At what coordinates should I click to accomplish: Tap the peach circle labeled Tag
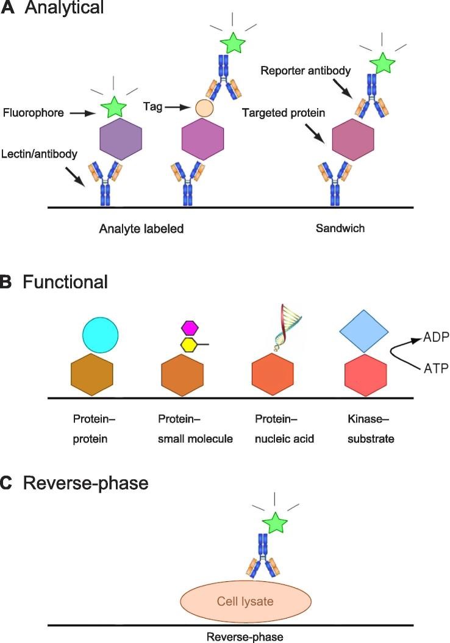(x=204, y=109)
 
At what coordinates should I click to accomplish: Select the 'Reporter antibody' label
(x=305, y=71)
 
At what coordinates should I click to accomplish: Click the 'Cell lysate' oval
(x=245, y=601)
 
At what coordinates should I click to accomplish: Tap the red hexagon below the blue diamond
(x=365, y=374)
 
